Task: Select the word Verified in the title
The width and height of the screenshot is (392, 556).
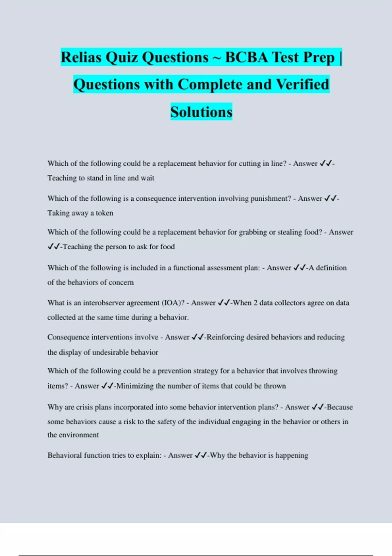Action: click(302, 84)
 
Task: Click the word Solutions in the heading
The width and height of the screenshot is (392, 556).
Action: click(201, 112)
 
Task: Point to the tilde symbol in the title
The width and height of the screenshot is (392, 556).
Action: click(217, 58)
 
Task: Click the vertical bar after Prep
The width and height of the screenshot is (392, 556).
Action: click(341, 58)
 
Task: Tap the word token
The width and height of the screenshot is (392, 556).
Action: click(104, 213)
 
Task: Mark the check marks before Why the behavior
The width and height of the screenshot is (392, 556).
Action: click(201, 455)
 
